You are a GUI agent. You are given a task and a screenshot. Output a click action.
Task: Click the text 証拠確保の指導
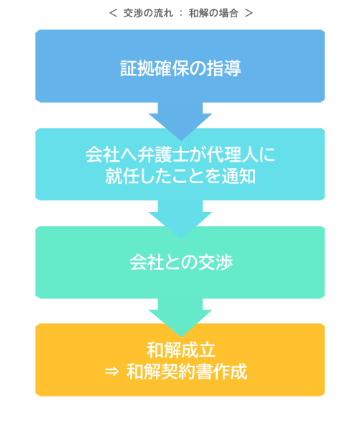point(180,68)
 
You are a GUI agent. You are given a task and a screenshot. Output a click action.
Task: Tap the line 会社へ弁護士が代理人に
point(180,154)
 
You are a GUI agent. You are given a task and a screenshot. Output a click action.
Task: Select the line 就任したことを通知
point(180,176)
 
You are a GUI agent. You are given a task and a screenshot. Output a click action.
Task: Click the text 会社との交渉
point(181,262)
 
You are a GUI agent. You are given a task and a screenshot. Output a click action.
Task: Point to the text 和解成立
point(180,351)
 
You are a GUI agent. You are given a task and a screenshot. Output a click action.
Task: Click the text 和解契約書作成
point(187,371)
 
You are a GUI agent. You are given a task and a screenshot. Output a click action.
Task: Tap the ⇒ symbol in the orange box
point(111,372)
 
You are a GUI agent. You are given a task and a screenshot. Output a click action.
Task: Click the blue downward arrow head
point(180,126)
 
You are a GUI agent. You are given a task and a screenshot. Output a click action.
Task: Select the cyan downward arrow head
point(180,225)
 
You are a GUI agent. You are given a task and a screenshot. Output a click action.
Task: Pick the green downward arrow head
point(180,323)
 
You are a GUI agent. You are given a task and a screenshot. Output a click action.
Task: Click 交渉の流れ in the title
point(148,13)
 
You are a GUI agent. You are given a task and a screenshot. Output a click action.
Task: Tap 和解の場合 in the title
point(213,13)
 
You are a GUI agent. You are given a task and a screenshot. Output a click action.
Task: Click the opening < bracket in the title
point(113,13)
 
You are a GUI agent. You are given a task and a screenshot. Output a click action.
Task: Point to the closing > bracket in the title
point(249,13)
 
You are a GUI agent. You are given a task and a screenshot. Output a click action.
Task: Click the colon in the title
point(181,13)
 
